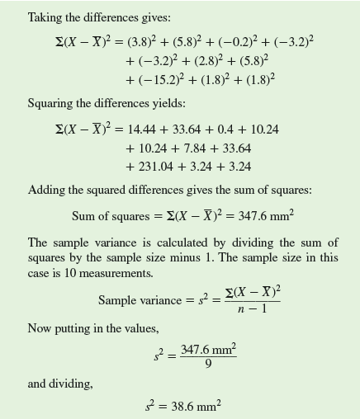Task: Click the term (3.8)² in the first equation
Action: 145,41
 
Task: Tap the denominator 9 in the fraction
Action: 208,364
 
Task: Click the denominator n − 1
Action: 252,309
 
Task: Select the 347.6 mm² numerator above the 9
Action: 208,349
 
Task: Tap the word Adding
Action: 45,191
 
